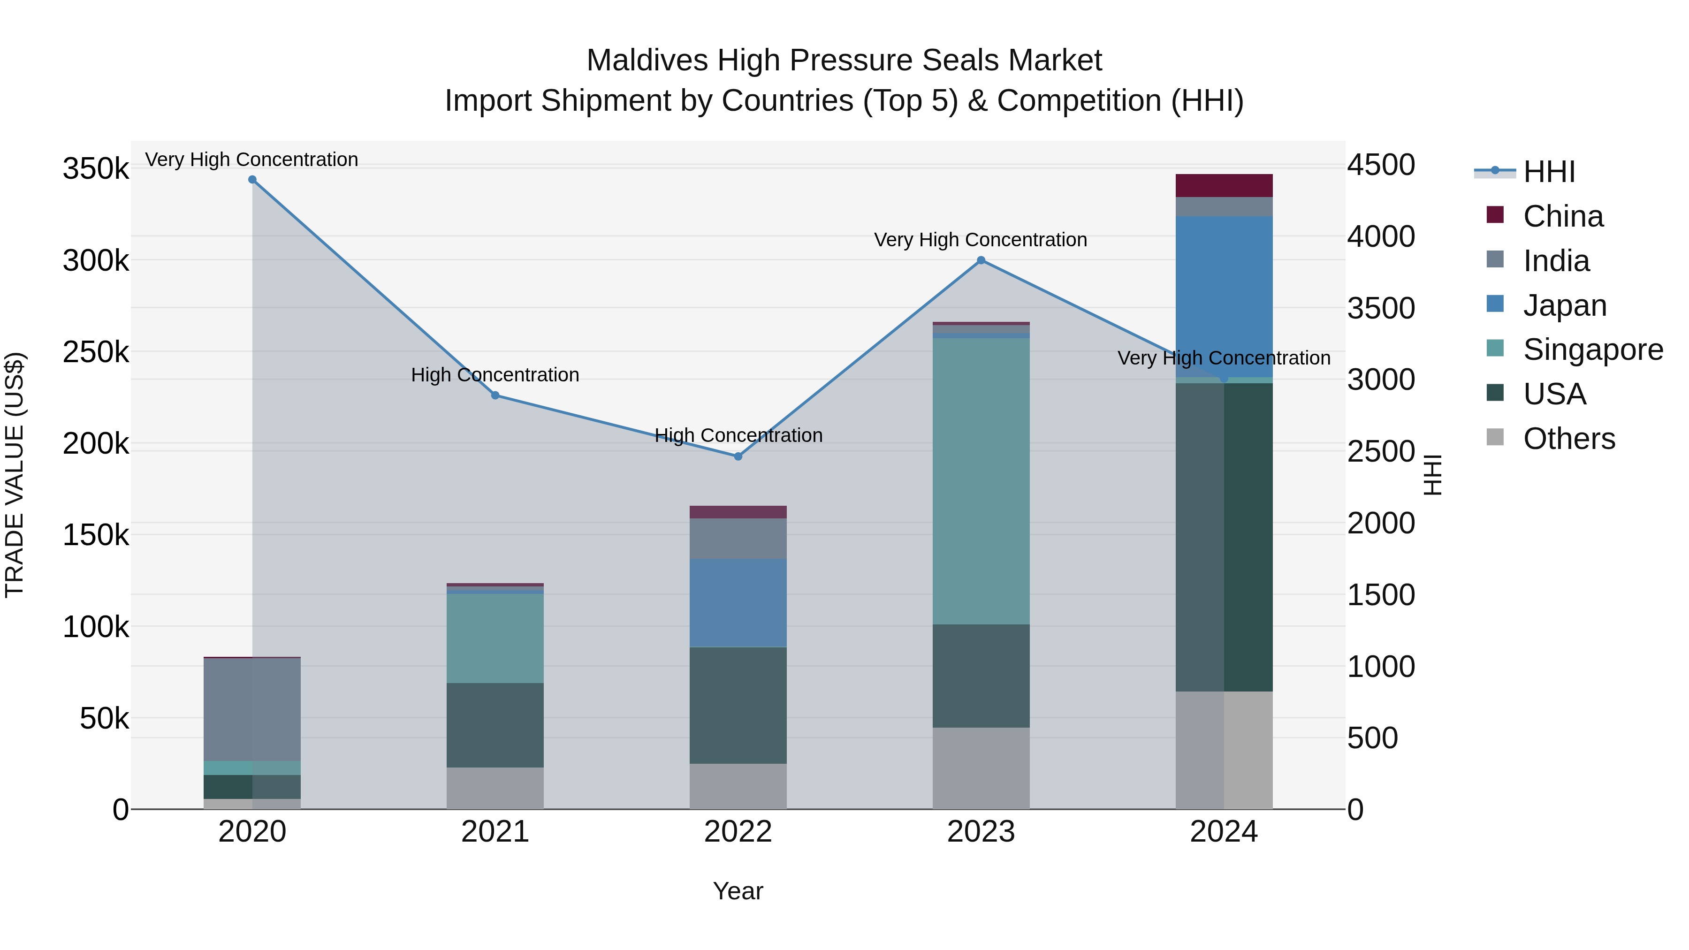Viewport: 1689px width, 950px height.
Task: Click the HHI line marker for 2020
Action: click(252, 180)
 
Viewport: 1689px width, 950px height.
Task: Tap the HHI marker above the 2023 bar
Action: click(981, 260)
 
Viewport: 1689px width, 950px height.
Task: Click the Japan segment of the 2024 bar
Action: click(1224, 296)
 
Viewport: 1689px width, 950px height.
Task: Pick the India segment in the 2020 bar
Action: click(252, 709)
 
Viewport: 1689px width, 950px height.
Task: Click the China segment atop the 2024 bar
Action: click(1224, 185)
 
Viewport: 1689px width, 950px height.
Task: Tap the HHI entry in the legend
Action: click(1548, 172)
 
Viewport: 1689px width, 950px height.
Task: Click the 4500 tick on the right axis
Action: click(1381, 165)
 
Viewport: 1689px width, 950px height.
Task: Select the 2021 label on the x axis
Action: click(495, 832)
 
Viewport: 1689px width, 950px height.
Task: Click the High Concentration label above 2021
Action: click(495, 375)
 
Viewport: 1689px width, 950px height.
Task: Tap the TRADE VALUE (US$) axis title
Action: click(15, 475)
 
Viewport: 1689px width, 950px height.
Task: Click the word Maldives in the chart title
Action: click(647, 61)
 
